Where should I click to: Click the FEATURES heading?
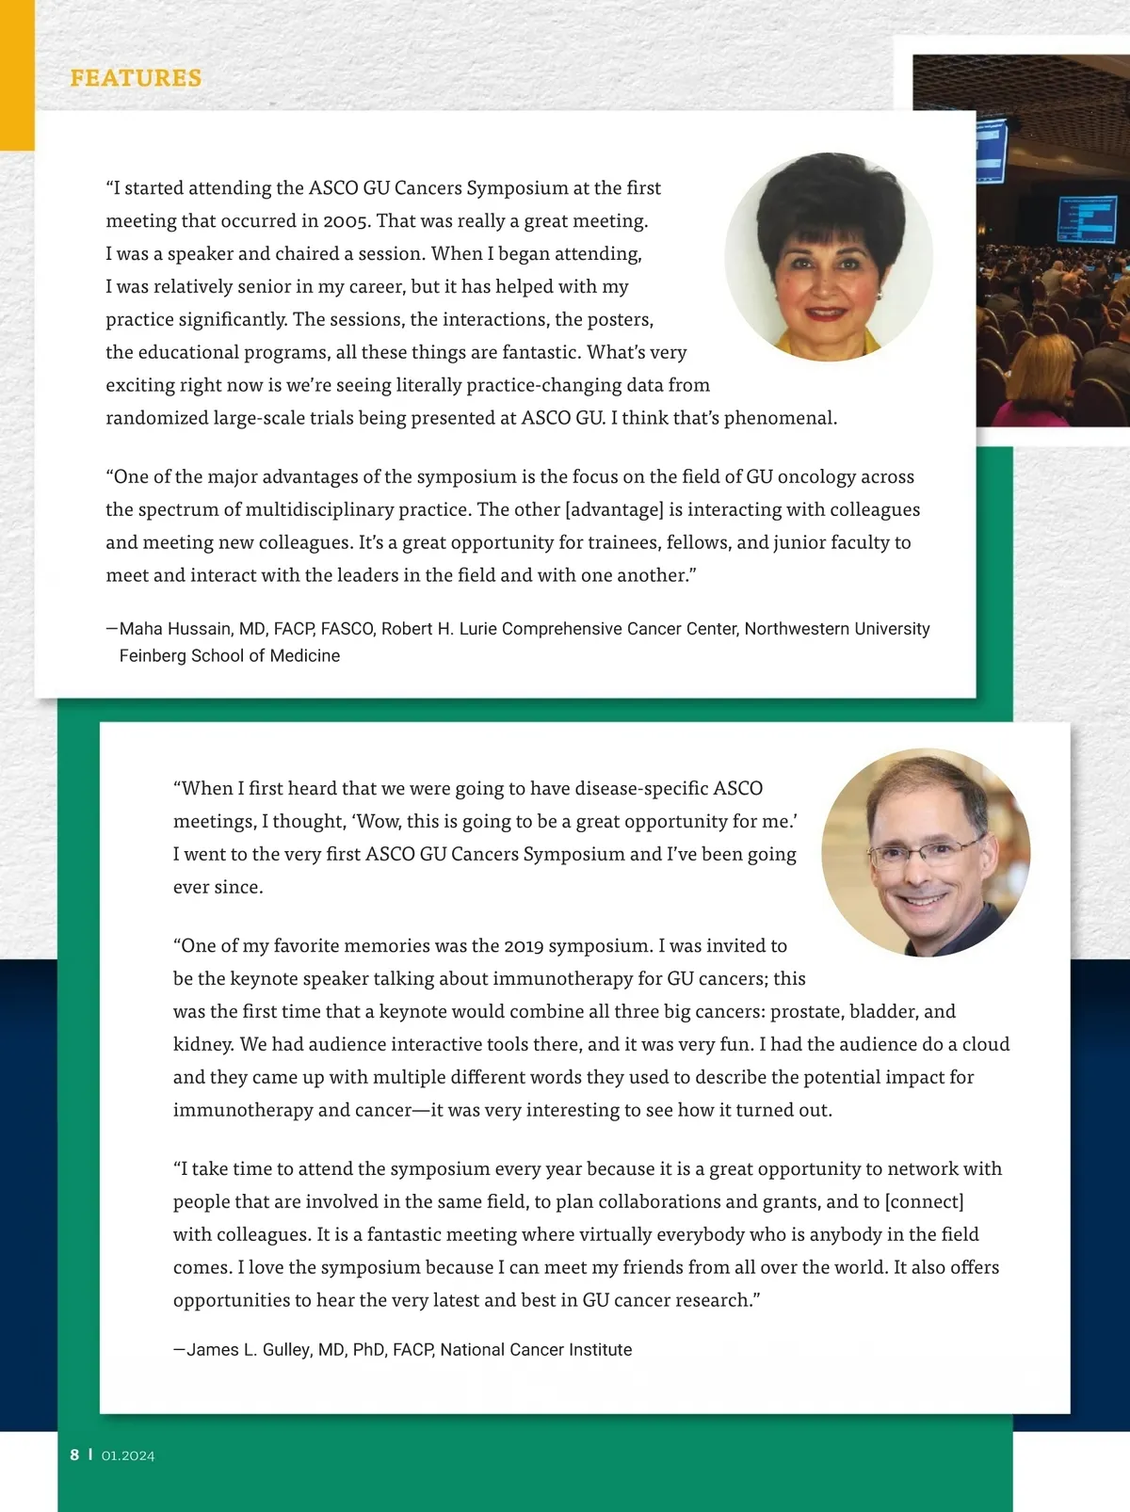pyautogui.click(x=136, y=78)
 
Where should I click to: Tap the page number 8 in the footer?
pyautogui.click(x=74, y=1455)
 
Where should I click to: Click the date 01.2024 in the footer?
pyautogui.click(x=128, y=1456)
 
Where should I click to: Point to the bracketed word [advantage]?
pyautogui.click(x=614, y=509)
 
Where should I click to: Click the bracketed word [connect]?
pyautogui.click(x=925, y=1202)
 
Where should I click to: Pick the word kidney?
pyautogui.click(x=202, y=1045)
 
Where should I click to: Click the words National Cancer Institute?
pyautogui.click(x=536, y=1350)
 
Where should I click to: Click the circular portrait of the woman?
pyautogui.click(x=828, y=257)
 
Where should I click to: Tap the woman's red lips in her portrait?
pyautogui.click(x=826, y=312)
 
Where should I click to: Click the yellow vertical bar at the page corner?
pyautogui.click(x=17, y=75)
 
